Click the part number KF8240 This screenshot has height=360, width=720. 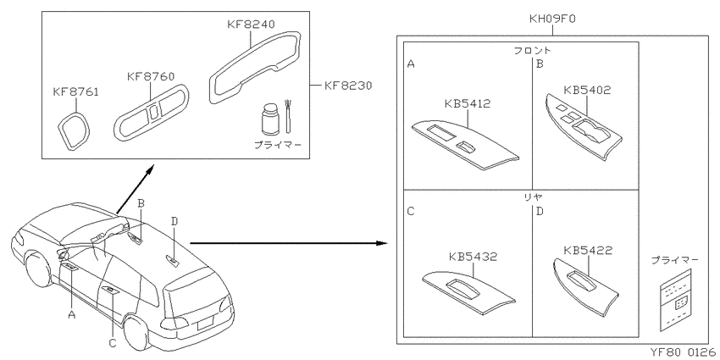point(251,24)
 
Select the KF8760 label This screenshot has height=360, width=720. point(151,75)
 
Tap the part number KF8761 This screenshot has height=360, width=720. point(75,93)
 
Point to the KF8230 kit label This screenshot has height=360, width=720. point(347,86)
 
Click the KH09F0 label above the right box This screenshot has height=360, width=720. point(552,19)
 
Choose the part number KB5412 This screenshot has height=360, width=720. point(468,104)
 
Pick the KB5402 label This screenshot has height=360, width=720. point(587,90)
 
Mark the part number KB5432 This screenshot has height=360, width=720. point(474,257)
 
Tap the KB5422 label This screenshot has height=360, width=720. point(588,251)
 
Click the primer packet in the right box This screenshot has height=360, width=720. point(675,300)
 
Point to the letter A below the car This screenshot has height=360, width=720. point(70,314)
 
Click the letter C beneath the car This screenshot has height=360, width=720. point(113,342)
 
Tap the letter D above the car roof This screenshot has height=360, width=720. point(174,221)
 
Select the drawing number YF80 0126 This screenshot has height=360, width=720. point(683,352)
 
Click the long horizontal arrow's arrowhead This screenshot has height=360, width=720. point(382,242)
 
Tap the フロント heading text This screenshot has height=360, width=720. point(532,50)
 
